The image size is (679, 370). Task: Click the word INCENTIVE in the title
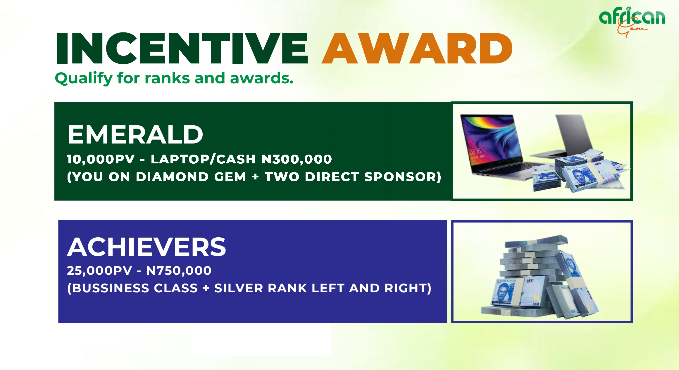[x=182, y=48]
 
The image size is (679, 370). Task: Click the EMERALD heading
[x=135, y=134]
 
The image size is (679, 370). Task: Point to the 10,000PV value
[x=101, y=159]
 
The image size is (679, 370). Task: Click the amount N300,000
[x=297, y=159]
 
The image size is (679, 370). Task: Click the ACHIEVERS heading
[x=147, y=247]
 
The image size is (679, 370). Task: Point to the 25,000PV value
[x=99, y=271]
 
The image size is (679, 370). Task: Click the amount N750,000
[x=179, y=271]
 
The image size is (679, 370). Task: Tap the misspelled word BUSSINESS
[x=135, y=288]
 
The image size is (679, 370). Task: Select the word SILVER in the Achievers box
[x=239, y=288]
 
